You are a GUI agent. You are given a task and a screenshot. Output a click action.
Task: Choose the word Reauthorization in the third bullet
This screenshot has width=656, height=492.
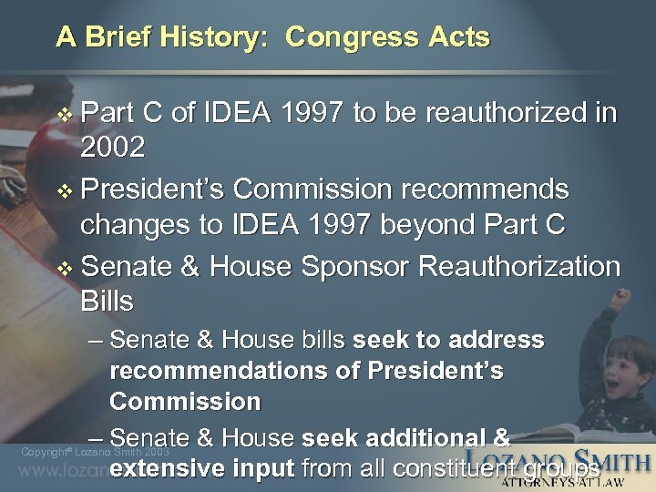(519, 267)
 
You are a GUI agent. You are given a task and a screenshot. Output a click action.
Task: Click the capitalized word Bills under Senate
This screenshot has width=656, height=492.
(107, 301)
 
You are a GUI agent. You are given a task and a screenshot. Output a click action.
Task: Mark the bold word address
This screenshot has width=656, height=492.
(498, 341)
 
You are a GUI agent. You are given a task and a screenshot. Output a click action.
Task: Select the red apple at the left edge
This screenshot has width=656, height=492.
(41, 150)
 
